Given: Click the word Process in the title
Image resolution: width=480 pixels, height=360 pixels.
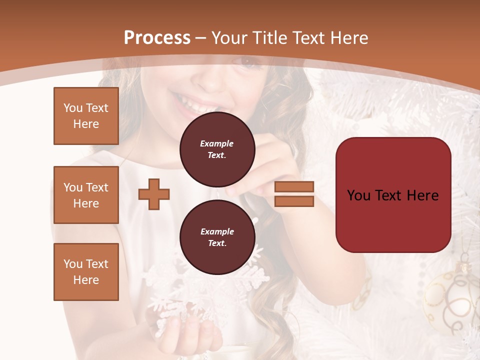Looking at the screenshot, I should [157, 38].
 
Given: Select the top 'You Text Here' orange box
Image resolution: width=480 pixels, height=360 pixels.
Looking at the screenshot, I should [86, 116].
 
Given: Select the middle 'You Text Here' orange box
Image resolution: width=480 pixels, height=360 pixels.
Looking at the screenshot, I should [86, 195].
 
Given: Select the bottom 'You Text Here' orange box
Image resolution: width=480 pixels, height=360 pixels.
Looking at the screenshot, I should [86, 272].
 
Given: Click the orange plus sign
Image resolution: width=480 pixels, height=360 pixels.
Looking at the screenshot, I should [154, 194].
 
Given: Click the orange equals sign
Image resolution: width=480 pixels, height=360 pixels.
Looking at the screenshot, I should [294, 194].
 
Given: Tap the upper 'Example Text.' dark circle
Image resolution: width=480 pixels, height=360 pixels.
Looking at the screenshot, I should [217, 149].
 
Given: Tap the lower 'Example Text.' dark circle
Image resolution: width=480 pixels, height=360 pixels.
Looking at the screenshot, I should [217, 237].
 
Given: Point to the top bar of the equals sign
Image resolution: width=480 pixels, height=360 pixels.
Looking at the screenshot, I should [294, 186].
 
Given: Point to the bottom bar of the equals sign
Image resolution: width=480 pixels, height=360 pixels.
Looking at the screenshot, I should [294, 201].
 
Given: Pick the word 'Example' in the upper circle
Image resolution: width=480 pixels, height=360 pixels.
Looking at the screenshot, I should [217, 143].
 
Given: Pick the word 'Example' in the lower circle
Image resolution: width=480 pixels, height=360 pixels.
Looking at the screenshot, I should [217, 231].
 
